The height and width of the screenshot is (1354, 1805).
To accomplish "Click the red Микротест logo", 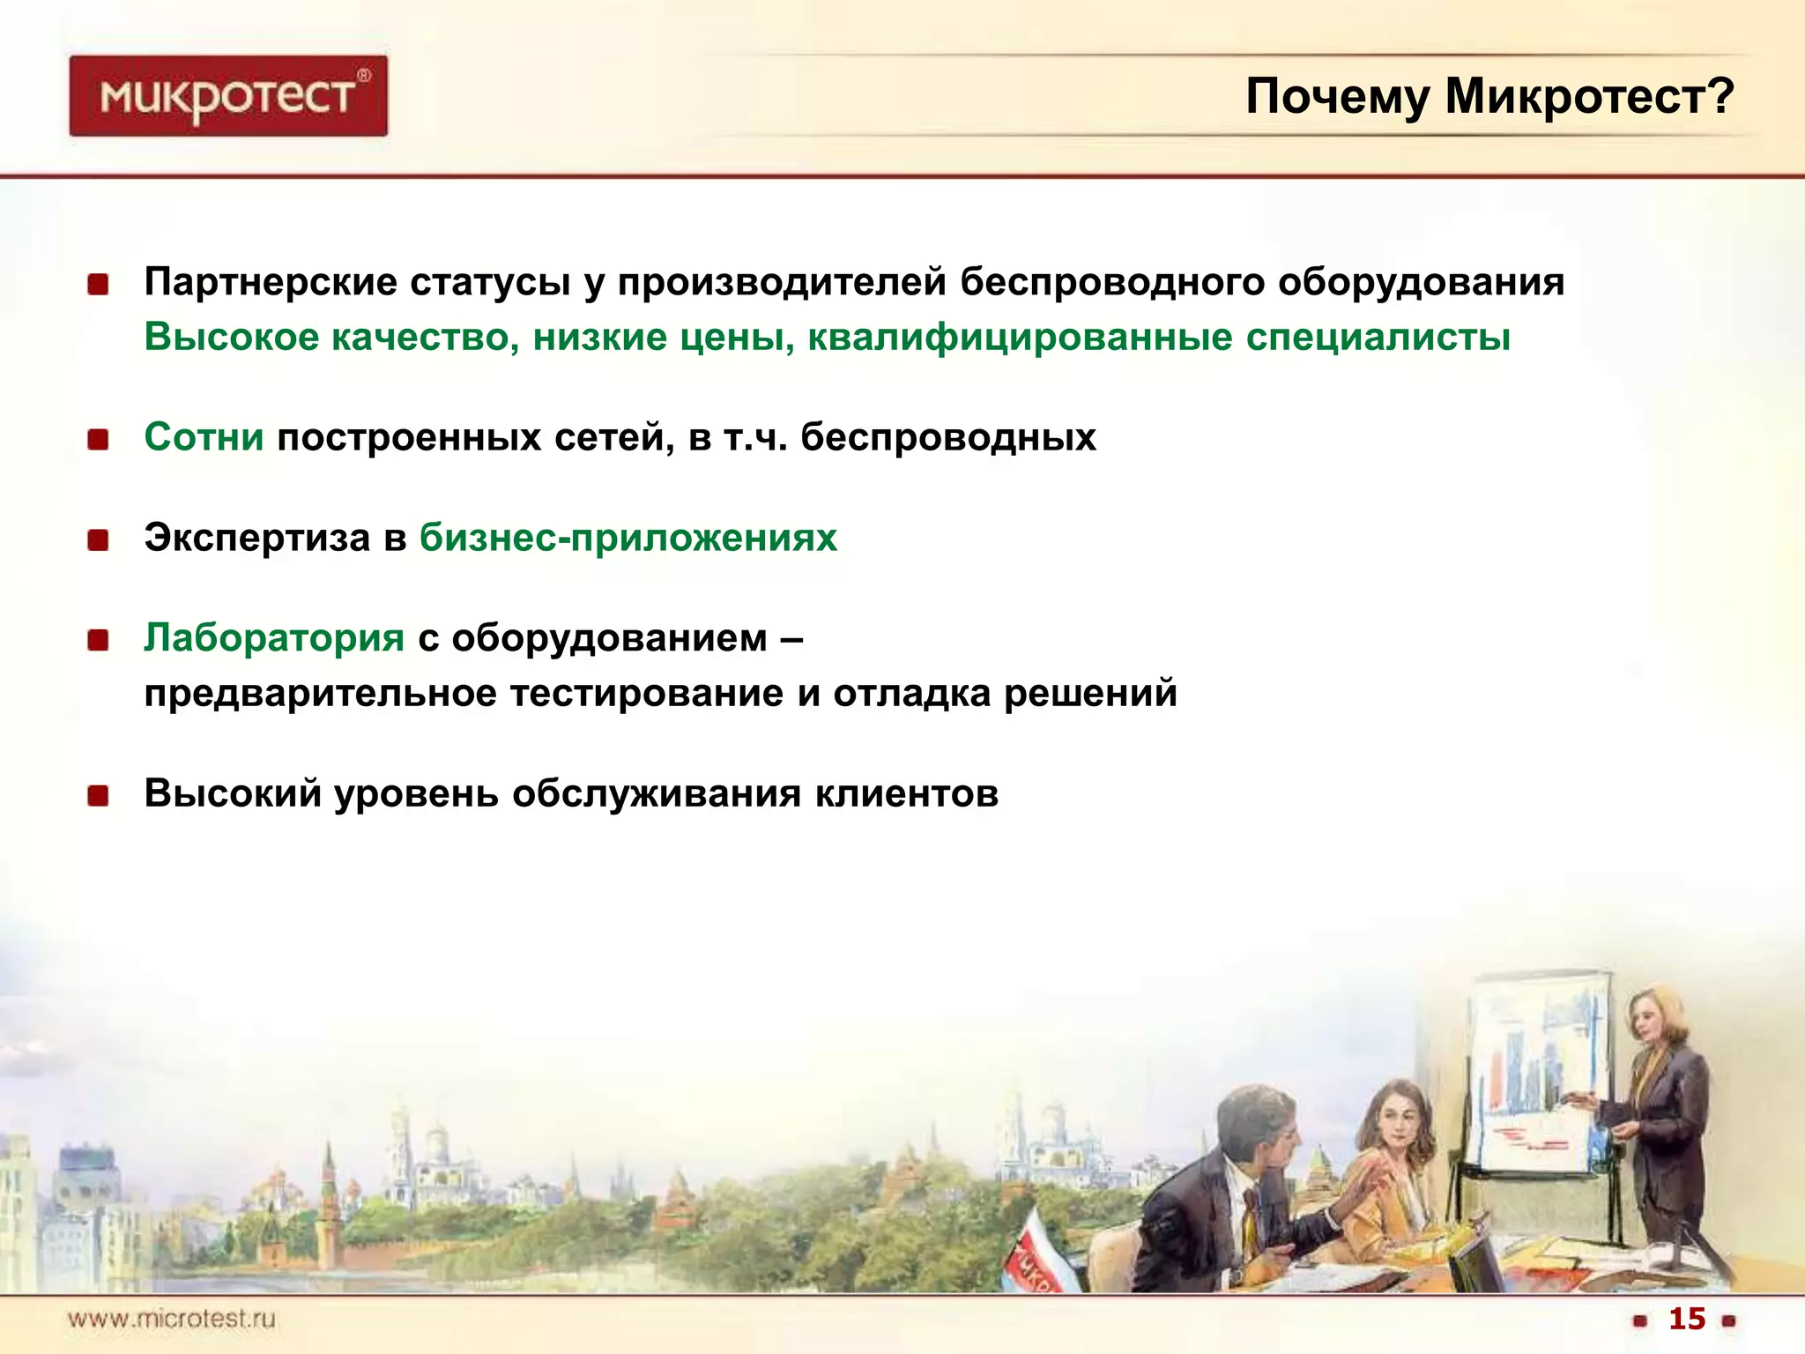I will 227,96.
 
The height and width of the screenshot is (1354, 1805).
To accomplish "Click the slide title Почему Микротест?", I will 1489,97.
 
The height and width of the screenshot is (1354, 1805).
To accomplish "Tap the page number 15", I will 1687,1318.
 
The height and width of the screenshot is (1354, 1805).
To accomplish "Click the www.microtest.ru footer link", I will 172,1319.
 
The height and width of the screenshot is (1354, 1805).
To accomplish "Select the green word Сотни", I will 204,437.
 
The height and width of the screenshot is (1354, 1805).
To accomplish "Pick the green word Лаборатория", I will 274,637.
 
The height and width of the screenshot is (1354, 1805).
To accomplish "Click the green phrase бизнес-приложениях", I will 628,538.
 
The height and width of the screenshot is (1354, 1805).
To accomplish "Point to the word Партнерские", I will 271,282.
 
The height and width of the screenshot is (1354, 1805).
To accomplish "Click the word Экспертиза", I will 257,538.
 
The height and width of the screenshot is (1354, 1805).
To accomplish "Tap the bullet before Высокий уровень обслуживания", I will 98,796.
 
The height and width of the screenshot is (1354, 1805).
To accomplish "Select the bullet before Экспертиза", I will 98,539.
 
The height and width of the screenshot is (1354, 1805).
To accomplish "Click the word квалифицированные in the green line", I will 1020,338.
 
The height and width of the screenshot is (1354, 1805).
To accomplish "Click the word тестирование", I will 647,693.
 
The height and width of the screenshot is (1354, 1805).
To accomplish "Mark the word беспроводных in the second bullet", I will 947,437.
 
